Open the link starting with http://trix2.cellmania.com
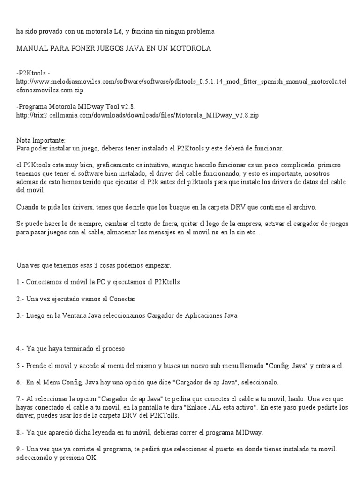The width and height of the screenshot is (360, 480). tap(137, 115)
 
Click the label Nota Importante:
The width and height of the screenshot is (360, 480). tap(41, 140)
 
